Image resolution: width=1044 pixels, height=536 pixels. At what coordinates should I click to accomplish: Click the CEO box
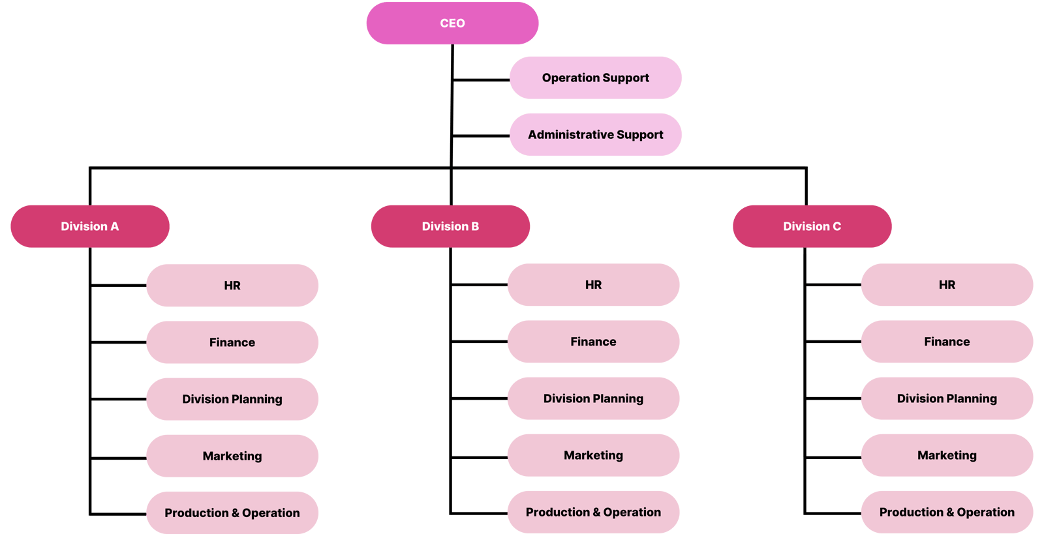pos(452,23)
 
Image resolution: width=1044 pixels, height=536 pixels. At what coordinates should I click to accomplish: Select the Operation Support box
pos(595,78)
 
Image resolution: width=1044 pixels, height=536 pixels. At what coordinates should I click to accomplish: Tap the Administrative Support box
pos(595,134)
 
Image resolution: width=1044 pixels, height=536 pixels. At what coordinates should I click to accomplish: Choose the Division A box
pos(90,226)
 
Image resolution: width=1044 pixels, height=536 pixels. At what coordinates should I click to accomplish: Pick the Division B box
pos(450,226)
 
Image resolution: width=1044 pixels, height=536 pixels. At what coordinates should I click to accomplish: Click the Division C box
pos(812,226)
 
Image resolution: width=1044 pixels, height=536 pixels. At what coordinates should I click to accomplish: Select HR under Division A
pos(232,286)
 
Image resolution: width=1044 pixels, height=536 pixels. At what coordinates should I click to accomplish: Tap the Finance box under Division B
pos(593,342)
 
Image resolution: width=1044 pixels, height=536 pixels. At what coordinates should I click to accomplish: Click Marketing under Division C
pos(947,455)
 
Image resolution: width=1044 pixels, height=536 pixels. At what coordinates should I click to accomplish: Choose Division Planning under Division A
pos(232,399)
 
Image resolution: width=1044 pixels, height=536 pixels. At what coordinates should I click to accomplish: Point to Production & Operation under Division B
pos(593,513)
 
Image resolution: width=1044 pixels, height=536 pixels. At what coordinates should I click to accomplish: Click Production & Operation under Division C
pos(947,513)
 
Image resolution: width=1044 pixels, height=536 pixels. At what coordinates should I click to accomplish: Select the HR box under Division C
pos(947,285)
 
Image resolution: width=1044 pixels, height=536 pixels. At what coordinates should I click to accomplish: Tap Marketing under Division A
pos(232,456)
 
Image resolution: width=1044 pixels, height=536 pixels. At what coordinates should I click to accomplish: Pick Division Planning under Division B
pos(593,398)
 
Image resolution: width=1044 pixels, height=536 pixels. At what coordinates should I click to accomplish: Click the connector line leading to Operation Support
pos(481,80)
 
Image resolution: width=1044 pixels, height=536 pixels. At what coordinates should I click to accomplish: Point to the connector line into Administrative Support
pos(481,136)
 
